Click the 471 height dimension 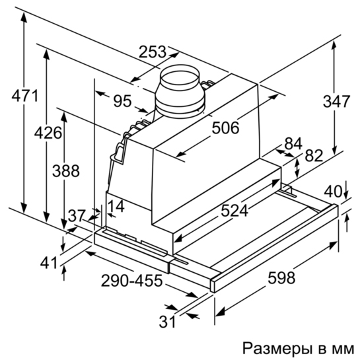(25, 96)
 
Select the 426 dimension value (48, 133)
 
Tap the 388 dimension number (66, 171)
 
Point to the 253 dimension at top (152, 52)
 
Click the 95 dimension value (123, 101)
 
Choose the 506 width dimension (225, 128)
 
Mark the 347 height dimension (337, 102)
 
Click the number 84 (293, 144)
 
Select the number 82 (314, 156)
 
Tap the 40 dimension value (333, 192)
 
